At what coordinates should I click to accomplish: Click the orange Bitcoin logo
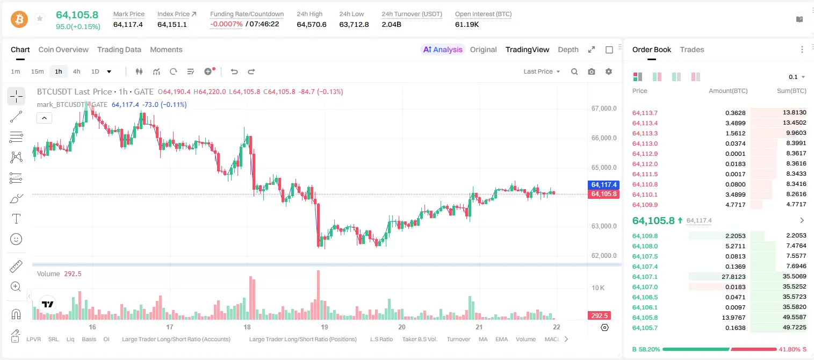click(x=19, y=19)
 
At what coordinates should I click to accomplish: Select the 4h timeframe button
click(x=76, y=71)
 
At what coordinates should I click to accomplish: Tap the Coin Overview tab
click(x=63, y=49)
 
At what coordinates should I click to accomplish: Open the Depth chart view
click(x=568, y=49)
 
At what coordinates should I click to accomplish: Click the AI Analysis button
click(x=443, y=49)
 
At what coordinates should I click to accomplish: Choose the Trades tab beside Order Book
click(x=692, y=49)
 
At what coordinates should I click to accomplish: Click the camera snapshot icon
click(x=592, y=71)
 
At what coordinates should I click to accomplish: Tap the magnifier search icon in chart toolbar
click(x=574, y=71)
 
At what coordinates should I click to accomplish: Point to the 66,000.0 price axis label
click(x=604, y=138)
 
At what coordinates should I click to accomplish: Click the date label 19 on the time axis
click(x=324, y=327)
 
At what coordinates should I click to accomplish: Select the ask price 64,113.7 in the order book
click(x=645, y=113)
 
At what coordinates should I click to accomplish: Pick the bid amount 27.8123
click(x=733, y=277)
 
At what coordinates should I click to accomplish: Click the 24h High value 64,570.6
click(x=312, y=24)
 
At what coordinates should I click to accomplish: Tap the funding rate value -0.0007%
click(x=226, y=24)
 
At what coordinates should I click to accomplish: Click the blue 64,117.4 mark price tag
click(x=603, y=184)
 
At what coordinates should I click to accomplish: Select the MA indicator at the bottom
click(x=483, y=339)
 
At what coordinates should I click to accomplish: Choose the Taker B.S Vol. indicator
click(x=419, y=339)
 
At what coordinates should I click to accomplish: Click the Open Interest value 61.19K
click(x=467, y=24)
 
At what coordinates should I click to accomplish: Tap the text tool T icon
click(x=16, y=219)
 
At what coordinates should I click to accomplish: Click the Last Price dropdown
click(x=542, y=71)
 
